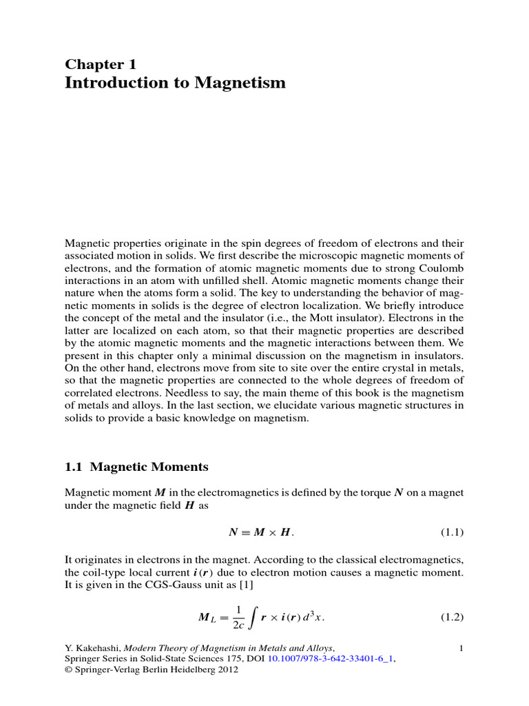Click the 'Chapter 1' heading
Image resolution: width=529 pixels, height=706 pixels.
click(x=101, y=64)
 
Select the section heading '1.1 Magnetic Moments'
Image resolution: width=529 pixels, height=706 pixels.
click(x=136, y=467)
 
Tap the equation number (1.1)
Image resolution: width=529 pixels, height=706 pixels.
click(x=452, y=532)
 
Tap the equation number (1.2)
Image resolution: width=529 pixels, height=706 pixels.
click(x=452, y=618)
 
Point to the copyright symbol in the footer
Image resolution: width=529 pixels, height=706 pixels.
click(x=68, y=670)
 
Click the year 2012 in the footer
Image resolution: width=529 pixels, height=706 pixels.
click(x=225, y=670)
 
